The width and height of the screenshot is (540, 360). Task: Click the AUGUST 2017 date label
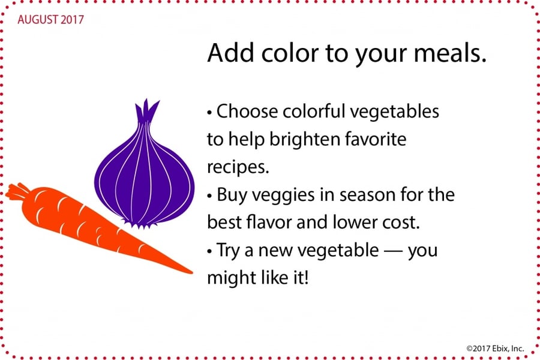coord(50,20)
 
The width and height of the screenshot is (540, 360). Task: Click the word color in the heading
coord(290,53)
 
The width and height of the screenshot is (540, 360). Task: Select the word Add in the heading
coord(230,53)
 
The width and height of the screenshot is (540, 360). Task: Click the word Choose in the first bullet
coord(247,111)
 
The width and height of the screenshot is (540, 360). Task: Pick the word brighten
coord(304,140)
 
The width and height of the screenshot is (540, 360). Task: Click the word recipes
coord(238,167)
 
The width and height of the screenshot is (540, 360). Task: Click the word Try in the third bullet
coord(228,251)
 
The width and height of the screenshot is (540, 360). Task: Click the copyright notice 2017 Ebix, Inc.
coord(495,348)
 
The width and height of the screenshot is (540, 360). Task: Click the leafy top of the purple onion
coord(146,110)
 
